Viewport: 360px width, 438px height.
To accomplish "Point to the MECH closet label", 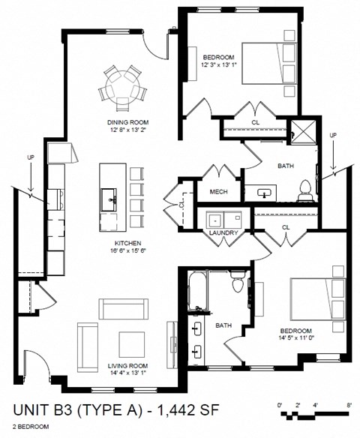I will pos(219,191).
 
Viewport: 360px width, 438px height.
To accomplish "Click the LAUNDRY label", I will pos(224,233).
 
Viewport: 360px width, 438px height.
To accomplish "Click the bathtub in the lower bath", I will pos(197,292).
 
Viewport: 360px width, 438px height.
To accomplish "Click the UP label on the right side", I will pos(333,135).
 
